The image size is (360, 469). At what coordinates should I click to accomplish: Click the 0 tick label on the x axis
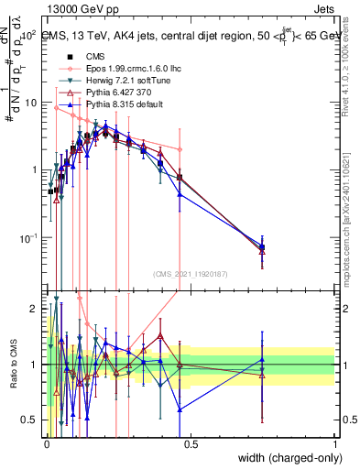click(x=48, y=445)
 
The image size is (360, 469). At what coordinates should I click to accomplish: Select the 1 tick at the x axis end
click(x=335, y=445)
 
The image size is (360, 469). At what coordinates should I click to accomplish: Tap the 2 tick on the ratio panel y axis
click(x=38, y=308)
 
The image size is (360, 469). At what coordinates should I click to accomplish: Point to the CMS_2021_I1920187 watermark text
click(x=190, y=273)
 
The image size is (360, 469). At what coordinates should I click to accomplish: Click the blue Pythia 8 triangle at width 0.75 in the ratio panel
click(x=262, y=359)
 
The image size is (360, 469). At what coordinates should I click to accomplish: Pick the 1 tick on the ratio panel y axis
click(x=38, y=365)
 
